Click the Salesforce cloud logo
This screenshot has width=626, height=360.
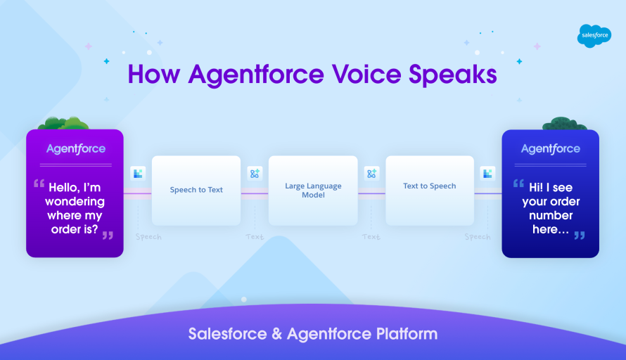tap(594, 36)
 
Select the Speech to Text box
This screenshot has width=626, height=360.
tap(196, 190)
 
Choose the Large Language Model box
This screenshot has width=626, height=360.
tap(313, 191)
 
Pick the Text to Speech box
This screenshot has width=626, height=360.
tap(429, 186)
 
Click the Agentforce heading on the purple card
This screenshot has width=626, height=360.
tap(75, 149)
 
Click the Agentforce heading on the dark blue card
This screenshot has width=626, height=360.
tap(550, 149)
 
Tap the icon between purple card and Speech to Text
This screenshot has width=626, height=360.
tap(138, 174)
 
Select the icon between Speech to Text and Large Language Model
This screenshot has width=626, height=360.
tap(255, 174)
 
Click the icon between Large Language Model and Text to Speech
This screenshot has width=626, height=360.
tap(371, 174)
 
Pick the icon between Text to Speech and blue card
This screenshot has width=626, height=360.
tap(487, 174)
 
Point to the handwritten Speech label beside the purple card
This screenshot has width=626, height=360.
tap(148, 237)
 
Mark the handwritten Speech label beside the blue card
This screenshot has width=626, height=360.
tap(477, 237)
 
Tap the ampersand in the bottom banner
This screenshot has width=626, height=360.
tap(278, 333)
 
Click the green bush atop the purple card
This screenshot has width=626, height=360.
tap(63, 124)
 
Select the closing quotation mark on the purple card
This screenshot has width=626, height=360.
tap(108, 235)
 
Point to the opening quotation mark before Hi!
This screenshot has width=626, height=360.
tap(518, 184)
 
